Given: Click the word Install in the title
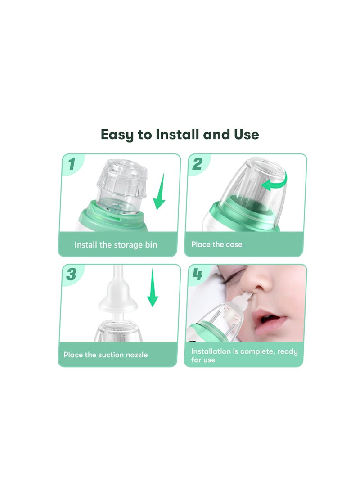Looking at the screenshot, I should (177, 134).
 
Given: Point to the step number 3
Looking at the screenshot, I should (71, 275).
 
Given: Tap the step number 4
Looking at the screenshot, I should (198, 275).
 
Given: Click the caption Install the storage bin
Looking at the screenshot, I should (116, 245).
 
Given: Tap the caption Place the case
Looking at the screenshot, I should (216, 244).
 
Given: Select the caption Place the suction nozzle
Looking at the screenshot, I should (105, 355).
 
